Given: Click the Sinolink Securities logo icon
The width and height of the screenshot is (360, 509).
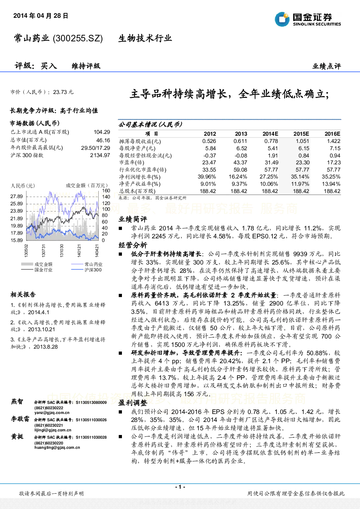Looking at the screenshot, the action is [282, 19].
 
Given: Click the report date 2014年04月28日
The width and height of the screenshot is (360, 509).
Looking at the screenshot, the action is [41, 16].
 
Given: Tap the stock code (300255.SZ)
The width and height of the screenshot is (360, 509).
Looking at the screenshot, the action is [78, 38].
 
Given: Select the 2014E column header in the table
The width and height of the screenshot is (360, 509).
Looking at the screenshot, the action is [270, 134].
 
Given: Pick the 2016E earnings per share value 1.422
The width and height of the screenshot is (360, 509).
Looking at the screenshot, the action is [334, 141].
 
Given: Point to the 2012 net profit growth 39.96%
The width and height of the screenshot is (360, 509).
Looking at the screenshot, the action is [207, 177].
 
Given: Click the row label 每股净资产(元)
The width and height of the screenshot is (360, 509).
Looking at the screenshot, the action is [137, 149].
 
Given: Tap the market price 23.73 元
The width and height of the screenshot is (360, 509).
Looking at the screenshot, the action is [63, 92].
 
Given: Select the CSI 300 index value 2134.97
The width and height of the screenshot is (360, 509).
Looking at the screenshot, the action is [100, 155].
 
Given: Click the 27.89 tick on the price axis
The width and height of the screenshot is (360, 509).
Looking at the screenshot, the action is [17, 196].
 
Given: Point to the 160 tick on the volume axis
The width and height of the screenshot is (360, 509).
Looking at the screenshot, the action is [106, 190].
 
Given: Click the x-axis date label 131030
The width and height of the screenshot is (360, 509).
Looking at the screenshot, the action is [62, 251].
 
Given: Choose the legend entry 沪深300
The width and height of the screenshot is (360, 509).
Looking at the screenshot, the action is [93, 270].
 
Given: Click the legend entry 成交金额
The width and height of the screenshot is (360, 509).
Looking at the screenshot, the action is [44, 264].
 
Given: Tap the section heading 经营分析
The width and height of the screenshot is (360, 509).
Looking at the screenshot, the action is [133, 245].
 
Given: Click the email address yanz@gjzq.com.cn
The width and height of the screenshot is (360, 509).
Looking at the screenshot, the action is [52, 412].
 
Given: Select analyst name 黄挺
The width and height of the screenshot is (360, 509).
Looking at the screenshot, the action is [17, 436].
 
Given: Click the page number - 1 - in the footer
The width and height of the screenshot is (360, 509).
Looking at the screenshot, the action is [180, 487].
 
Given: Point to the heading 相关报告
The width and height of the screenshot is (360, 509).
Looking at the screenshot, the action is [23, 295].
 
